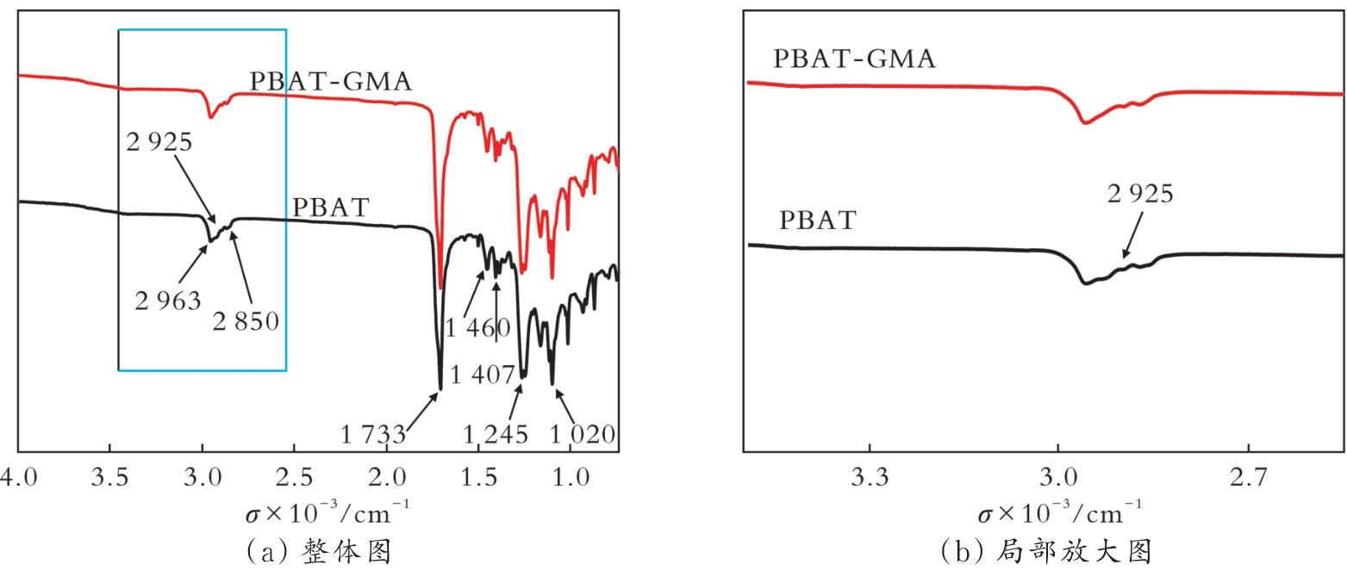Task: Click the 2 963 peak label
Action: [168, 301]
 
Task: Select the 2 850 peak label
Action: [247, 321]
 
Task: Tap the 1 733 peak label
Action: [373, 435]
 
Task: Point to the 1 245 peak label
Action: [496, 435]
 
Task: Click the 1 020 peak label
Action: [583, 435]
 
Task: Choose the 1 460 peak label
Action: [478, 327]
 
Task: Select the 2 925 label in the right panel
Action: [1139, 194]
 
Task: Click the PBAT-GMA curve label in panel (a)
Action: [331, 82]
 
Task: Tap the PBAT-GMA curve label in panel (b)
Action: [854, 59]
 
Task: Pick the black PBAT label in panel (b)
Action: [818, 220]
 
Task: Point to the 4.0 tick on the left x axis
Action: [18, 475]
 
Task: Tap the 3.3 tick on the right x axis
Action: [870, 475]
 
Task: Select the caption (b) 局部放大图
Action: [1045, 552]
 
